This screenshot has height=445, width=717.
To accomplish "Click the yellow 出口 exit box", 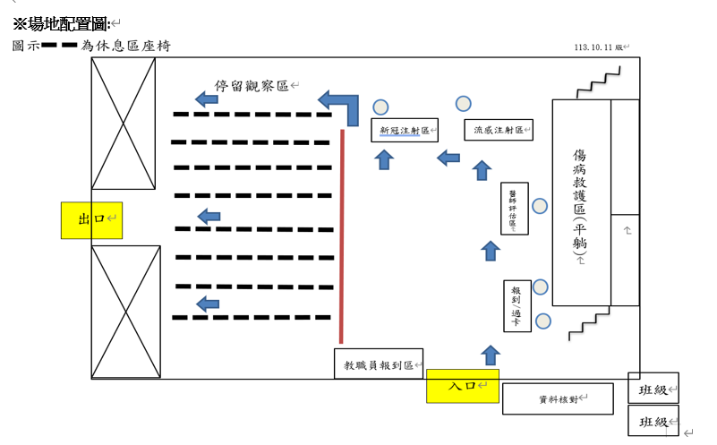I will [x=91, y=220].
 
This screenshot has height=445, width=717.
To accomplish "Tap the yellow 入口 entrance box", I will [x=461, y=385].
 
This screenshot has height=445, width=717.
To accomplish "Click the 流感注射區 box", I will [x=499, y=130].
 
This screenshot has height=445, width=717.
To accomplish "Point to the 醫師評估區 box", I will [x=515, y=209].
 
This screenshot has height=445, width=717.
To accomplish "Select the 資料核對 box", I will [x=557, y=398].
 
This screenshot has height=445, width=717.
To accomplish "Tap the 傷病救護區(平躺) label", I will [x=580, y=204].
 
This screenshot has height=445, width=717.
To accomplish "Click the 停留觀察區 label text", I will [x=251, y=86].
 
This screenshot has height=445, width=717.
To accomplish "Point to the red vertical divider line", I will [x=342, y=236].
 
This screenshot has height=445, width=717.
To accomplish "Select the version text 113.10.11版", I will [x=599, y=48].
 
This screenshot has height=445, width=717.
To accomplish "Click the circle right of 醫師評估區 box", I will [x=540, y=206].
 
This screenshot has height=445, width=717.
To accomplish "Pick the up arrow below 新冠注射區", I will [x=384, y=159].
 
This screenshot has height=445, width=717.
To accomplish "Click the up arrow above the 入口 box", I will [x=490, y=355].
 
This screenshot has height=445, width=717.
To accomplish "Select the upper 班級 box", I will [x=653, y=391].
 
